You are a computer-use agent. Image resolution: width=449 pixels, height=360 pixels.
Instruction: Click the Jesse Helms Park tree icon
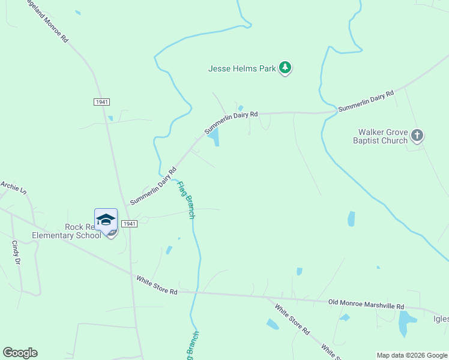[x=286, y=68]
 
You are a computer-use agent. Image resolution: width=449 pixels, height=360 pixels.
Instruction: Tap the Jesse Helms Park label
[x=242, y=68]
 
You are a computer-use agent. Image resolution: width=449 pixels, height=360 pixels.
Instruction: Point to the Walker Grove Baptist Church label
[x=383, y=136]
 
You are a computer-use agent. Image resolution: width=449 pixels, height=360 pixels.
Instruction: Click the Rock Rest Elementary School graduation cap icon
[x=106, y=220]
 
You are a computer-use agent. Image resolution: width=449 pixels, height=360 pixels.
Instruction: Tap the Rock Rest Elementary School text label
[x=83, y=231]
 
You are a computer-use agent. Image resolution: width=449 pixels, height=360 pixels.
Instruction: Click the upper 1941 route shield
[x=101, y=102]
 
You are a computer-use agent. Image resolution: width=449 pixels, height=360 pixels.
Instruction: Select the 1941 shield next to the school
[x=129, y=224]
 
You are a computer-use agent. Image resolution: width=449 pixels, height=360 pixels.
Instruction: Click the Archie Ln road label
[x=14, y=187]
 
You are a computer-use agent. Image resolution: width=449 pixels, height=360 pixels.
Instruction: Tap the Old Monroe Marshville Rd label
[x=366, y=304]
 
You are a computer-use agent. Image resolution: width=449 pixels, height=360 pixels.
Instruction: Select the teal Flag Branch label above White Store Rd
[x=186, y=199]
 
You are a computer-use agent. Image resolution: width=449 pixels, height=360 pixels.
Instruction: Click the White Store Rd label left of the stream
[x=157, y=285]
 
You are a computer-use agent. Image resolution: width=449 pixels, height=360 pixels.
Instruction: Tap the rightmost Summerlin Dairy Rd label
[x=366, y=101]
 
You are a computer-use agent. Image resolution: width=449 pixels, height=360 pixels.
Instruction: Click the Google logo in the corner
[x=20, y=353]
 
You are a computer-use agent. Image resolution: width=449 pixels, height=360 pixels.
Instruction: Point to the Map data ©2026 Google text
[x=411, y=355]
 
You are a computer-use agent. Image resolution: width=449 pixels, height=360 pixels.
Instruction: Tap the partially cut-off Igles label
[x=439, y=319]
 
